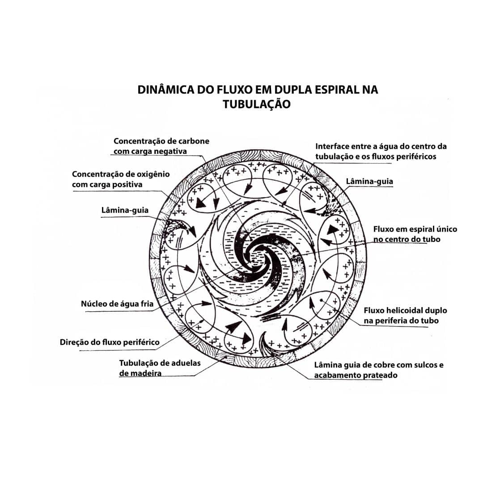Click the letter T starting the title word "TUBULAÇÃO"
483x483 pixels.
tap(226, 104)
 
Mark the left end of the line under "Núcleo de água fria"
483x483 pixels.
tap(85, 311)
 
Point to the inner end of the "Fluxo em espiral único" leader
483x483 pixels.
tap(295, 256)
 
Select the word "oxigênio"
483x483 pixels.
tap(153, 174)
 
